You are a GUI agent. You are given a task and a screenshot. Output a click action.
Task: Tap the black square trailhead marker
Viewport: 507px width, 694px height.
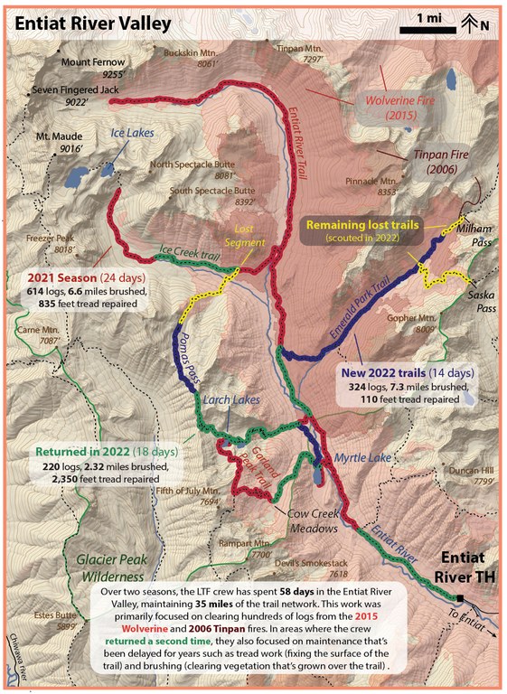pos(462,598)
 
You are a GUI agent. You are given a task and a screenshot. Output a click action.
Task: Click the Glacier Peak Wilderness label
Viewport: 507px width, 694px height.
pos(111,567)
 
